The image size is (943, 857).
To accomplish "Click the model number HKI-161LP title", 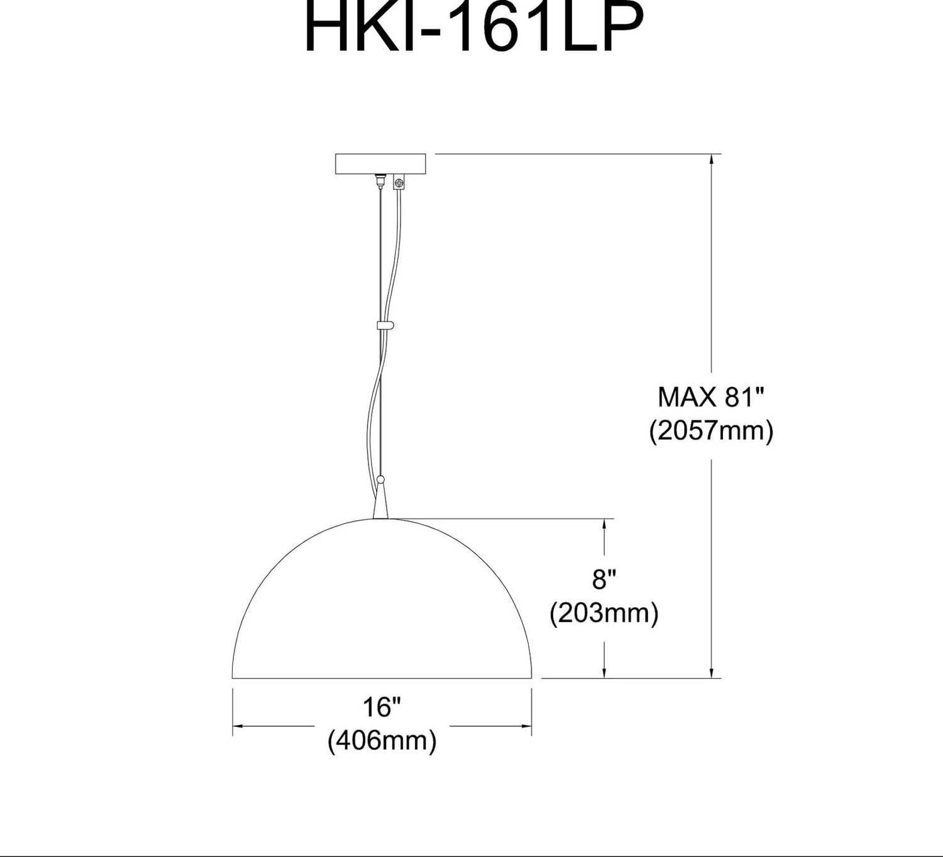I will pyautogui.click(x=474, y=28).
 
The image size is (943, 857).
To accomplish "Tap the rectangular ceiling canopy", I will pyautogui.click(x=380, y=164).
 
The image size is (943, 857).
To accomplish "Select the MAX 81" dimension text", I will pyautogui.click(x=710, y=397).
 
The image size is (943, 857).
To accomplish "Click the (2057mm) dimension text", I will pyautogui.click(x=710, y=431).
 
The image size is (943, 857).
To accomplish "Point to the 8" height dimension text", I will pyautogui.click(x=604, y=579).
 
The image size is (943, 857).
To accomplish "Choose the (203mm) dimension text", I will pyautogui.click(x=604, y=613).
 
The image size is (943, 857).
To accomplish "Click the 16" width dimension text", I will pyautogui.click(x=382, y=707).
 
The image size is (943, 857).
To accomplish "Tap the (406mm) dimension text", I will pyautogui.click(x=382, y=741).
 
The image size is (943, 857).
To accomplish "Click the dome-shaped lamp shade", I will pyautogui.click(x=382, y=609).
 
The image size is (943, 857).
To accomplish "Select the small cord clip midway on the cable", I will pyautogui.click(x=385, y=325).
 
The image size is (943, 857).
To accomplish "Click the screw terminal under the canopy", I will pyautogui.click(x=398, y=183).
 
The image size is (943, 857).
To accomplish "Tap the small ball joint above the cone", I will pyautogui.click(x=380, y=480).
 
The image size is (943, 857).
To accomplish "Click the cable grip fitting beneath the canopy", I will pyautogui.click(x=380, y=181).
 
